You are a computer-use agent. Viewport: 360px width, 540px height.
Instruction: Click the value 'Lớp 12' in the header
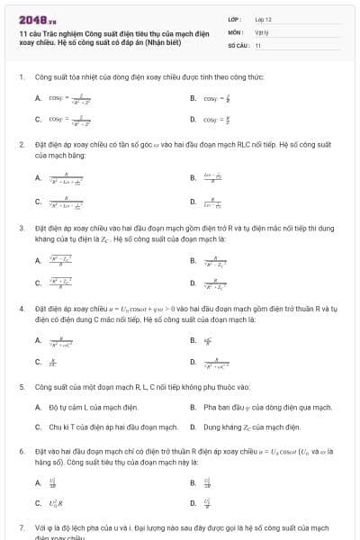point(263,18)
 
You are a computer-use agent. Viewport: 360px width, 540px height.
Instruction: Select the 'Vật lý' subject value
point(261,31)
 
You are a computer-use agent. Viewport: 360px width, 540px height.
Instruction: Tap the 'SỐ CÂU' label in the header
point(238,43)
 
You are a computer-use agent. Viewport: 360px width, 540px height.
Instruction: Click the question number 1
point(21,76)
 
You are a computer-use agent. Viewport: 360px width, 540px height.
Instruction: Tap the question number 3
point(21,229)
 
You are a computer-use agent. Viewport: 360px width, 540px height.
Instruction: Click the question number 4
point(21,307)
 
